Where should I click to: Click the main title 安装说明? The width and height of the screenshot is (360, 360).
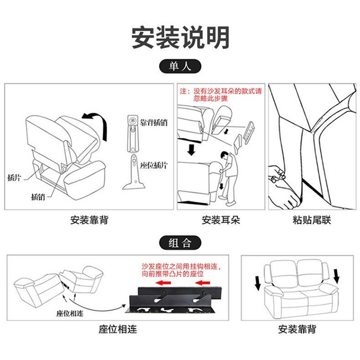click(180, 37)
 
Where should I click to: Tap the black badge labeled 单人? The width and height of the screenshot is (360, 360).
click(180, 66)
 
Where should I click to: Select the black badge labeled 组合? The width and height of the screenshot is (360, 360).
click(180, 243)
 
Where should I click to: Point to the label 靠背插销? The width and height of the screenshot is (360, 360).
click(154, 123)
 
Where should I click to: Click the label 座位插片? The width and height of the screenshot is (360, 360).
click(154, 165)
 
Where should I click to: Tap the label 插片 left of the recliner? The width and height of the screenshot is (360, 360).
click(14, 177)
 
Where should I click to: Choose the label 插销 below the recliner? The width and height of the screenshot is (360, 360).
click(38, 197)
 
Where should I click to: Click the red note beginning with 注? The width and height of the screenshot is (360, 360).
click(221, 95)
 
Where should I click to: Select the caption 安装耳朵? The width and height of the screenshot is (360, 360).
click(221, 220)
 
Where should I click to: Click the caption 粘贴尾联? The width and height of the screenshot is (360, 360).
click(312, 220)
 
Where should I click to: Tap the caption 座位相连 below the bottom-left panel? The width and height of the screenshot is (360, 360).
click(118, 329)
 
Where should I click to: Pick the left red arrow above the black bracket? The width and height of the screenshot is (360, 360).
click(163, 283)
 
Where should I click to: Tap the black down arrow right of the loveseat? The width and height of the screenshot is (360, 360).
click(336, 276)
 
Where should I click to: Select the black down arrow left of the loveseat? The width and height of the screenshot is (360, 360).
click(258, 283)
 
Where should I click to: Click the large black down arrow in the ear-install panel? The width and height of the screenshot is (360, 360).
click(191, 149)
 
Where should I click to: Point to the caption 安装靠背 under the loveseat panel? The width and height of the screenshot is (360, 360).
click(297, 329)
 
